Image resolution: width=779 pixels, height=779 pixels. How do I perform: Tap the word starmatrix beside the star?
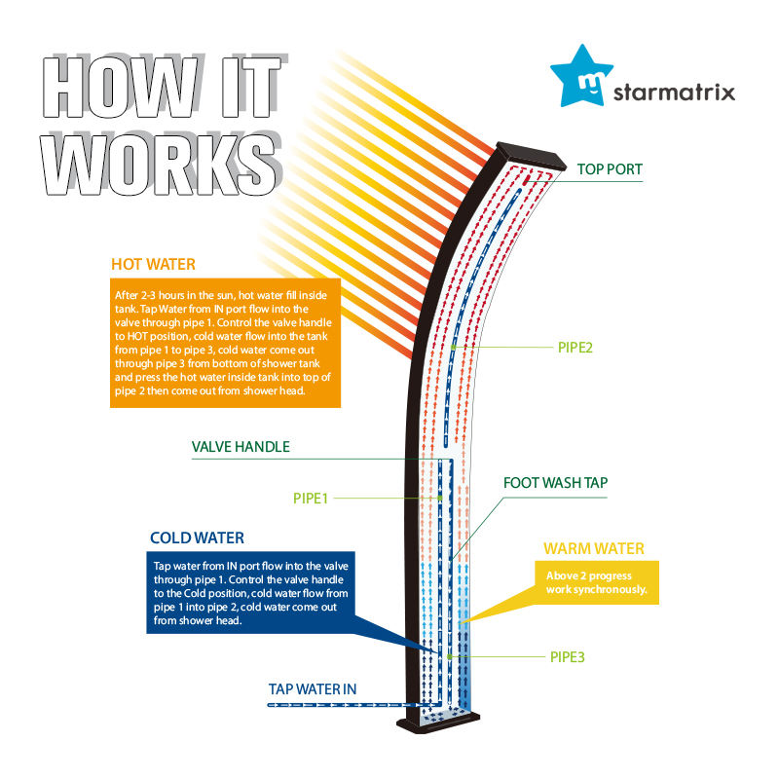pos(674,94)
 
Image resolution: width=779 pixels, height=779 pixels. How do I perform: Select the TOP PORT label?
pos(611,169)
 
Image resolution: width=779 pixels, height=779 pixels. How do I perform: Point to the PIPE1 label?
pos(312,498)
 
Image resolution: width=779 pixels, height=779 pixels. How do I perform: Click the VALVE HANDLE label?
pos(241,447)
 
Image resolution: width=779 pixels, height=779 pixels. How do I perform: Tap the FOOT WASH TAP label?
pos(556,482)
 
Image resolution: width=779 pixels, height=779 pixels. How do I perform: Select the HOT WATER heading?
pos(153,264)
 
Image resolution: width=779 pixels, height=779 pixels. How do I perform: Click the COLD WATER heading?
pos(197,538)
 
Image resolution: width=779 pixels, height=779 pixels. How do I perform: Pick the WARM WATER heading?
pos(594,548)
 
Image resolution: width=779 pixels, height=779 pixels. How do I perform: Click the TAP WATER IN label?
pos(313,689)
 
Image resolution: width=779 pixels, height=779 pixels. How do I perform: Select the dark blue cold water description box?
pos(248,593)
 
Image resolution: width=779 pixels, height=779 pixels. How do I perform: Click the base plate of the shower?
pos(439,723)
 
